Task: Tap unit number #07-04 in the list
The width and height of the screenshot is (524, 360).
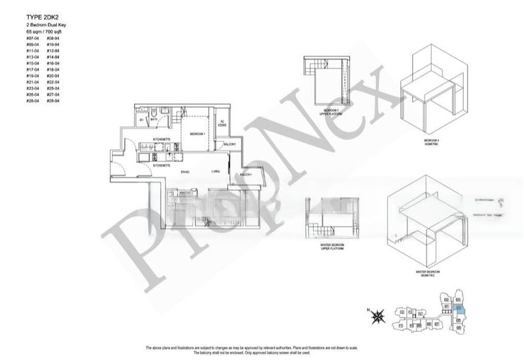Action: [31, 39]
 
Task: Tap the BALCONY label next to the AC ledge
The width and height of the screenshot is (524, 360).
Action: [229, 144]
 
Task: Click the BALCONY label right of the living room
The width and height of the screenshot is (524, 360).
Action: [246, 175]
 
